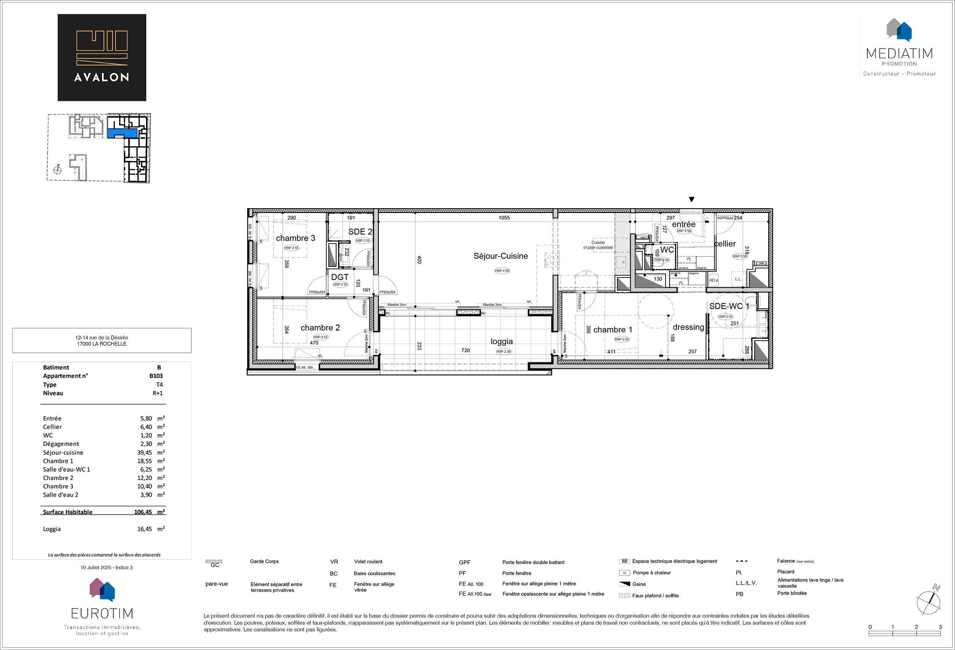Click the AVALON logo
pyautogui.click(x=102, y=58)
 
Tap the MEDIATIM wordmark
pyautogui.click(x=899, y=53)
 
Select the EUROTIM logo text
pyautogui.click(x=102, y=613)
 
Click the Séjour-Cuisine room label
pyautogui.click(x=500, y=256)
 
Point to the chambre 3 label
pyautogui.click(x=295, y=238)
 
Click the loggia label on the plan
pyautogui.click(x=501, y=341)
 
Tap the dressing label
pyautogui.click(x=688, y=327)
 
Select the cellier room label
pyautogui.click(x=725, y=244)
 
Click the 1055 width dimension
pyautogui.click(x=504, y=218)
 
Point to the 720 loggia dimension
pyautogui.click(x=465, y=351)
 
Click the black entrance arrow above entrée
pyautogui.click(x=691, y=199)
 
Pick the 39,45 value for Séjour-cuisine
pyautogui.click(x=144, y=453)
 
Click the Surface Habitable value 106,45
pyautogui.click(x=143, y=512)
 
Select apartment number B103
pyautogui.click(x=156, y=376)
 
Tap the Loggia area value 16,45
pyautogui.click(x=144, y=529)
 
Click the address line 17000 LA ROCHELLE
pyautogui.click(x=102, y=344)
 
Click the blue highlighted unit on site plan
pyautogui.click(x=122, y=133)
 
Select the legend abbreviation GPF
pyautogui.click(x=465, y=563)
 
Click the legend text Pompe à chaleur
pyautogui.click(x=651, y=573)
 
